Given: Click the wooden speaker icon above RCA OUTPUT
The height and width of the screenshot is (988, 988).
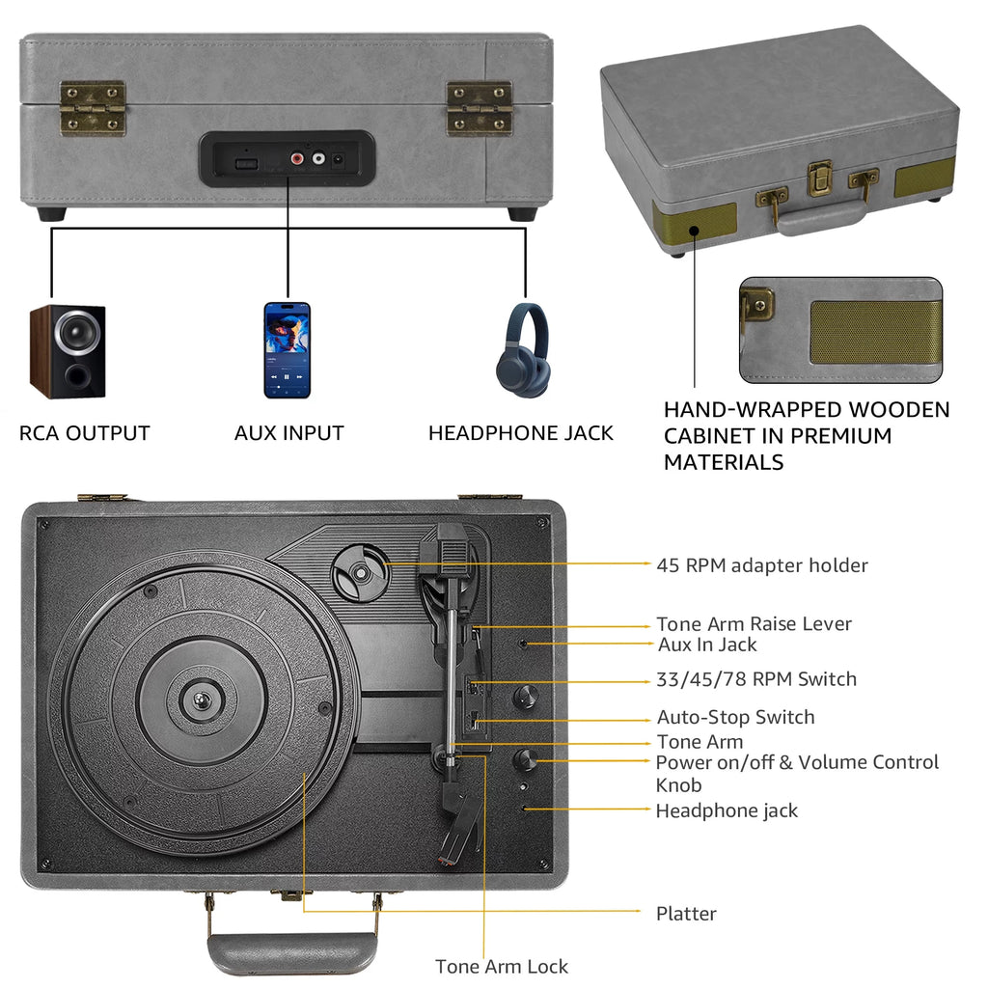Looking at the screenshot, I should coord(67,350).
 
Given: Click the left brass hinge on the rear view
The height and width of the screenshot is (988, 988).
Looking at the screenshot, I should coord(93,108).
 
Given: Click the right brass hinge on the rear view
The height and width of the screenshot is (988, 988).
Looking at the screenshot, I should coord(479,108).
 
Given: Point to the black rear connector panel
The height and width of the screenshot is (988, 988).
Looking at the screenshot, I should coord(286,158).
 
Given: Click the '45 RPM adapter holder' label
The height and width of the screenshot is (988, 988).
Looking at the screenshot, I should coord(762,565).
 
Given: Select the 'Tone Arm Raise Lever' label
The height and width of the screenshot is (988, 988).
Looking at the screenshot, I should coord(754,623).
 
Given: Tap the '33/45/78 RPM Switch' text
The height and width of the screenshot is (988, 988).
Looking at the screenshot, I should coord(756,679).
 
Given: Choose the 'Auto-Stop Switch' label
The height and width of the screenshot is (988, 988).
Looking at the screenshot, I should coord(735,717).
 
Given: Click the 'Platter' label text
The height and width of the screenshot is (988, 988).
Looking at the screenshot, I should coord(686,914).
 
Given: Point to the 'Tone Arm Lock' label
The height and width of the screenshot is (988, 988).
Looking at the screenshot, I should coord(502,966).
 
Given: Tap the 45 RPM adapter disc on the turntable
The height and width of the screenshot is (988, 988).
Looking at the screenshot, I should coord(360,573).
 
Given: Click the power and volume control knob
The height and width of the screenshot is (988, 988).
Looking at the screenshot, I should coord(526,759).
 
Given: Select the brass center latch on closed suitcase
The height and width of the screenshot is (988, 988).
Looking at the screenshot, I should coord(820,178).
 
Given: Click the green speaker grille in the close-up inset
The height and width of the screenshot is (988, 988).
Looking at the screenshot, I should coord(873,332).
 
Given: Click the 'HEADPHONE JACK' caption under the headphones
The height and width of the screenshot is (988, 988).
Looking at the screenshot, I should coord(521,433).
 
